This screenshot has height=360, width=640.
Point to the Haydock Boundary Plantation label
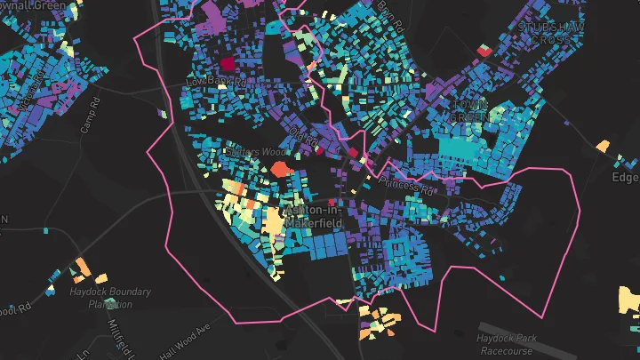(x=108, y=298)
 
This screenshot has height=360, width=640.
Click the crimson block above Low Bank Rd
(x=226, y=64)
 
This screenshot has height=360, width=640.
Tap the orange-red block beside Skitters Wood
(x=280, y=168)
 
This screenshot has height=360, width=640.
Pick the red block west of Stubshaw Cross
(x=484, y=51)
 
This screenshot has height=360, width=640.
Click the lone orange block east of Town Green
(x=603, y=145)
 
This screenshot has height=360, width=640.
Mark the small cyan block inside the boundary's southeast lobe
(x=502, y=278)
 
